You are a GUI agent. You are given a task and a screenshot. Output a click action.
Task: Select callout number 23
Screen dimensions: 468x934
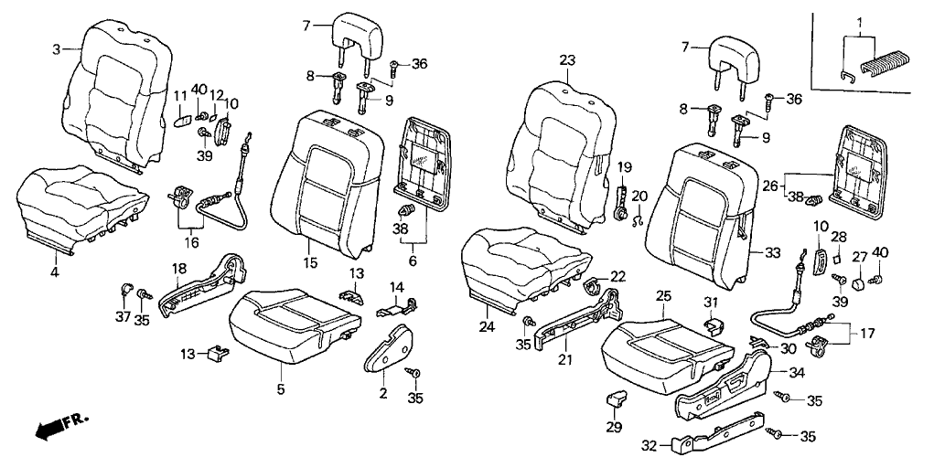[x=567, y=61]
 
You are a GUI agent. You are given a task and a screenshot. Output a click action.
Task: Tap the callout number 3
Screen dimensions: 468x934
[x=56, y=49]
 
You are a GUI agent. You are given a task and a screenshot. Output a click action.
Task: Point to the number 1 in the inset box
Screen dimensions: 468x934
[x=859, y=21]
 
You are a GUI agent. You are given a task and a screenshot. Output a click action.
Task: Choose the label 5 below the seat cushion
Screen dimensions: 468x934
[x=281, y=390]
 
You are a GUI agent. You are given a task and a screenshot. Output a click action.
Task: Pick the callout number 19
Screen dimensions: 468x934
[x=624, y=167]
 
